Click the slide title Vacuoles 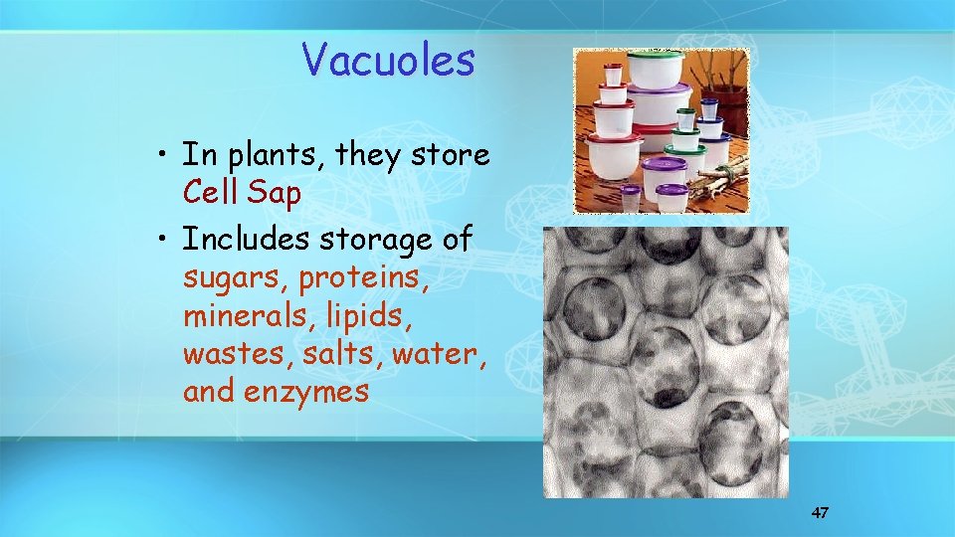pyautogui.click(x=389, y=60)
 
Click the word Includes pyautogui.click(x=245, y=240)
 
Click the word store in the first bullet pyautogui.click(x=453, y=155)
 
